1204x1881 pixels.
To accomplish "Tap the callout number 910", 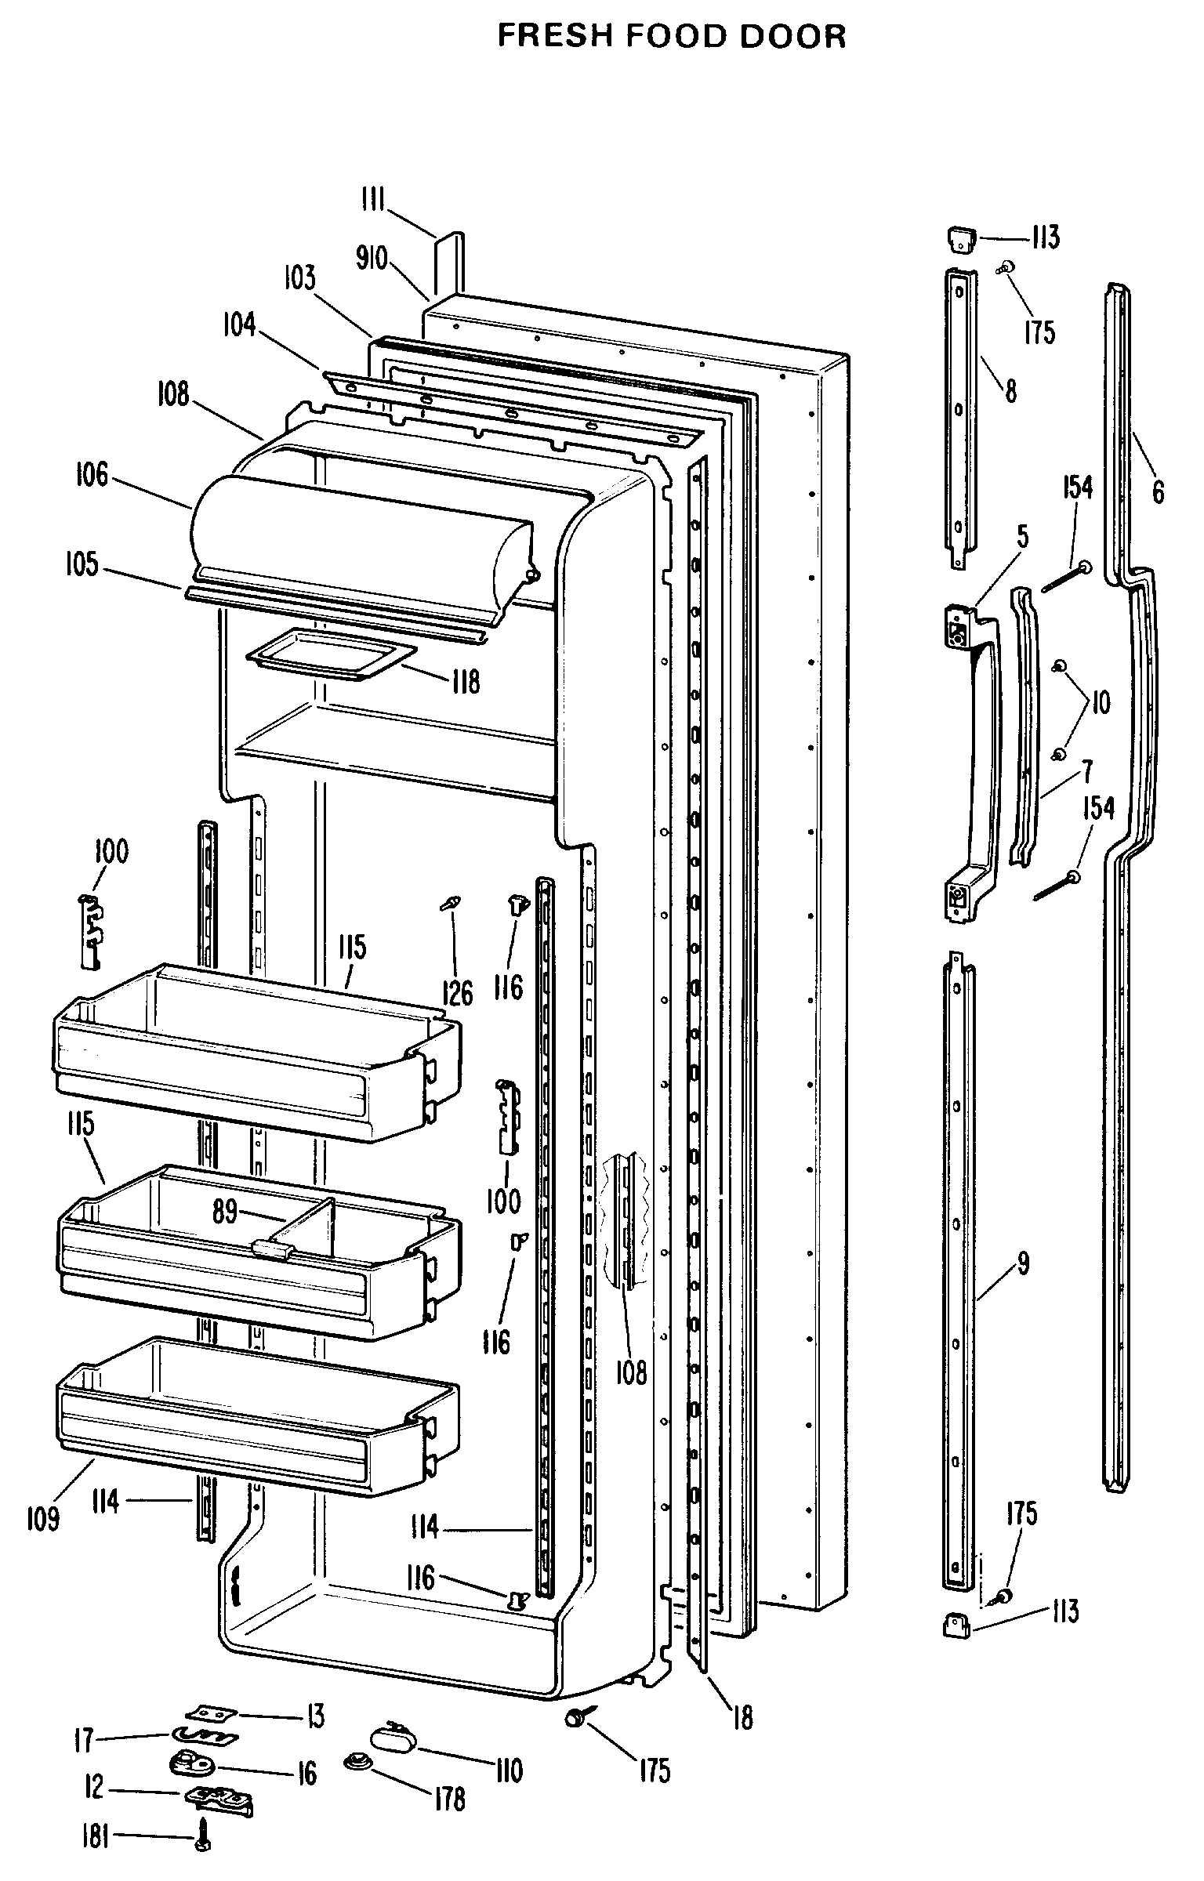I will [372, 258].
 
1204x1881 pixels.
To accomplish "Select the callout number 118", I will [466, 682].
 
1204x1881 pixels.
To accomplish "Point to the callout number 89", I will [225, 1212].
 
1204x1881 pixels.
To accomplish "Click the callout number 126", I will [457, 993].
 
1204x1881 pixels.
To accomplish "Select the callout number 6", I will [1158, 492].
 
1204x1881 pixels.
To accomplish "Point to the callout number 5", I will [1022, 537].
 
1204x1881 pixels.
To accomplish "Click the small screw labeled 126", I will [450, 904].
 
